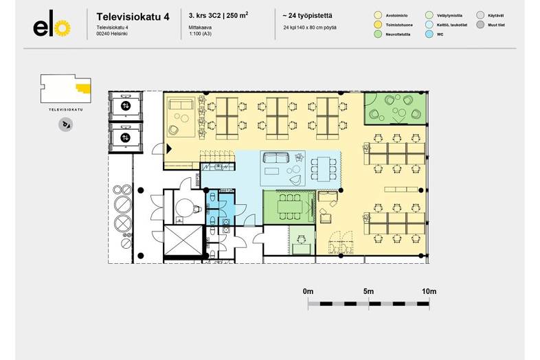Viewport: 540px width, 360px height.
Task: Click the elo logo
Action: [52, 27]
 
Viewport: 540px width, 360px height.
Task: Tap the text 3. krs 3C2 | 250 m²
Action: [218, 14]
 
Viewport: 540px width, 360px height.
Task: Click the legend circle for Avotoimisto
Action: [378, 14]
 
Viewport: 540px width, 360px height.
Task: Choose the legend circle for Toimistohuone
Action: [378, 24]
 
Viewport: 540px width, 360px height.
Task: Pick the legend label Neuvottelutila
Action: [400, 34]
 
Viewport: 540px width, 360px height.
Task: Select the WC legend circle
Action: [429, 34]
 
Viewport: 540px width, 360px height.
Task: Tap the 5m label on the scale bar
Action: [368, 292]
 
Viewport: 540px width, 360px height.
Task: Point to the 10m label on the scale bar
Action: [429, 292]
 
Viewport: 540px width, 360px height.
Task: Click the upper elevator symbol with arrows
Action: [125, 106]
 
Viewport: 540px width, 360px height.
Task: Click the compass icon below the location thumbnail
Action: [66, 124]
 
